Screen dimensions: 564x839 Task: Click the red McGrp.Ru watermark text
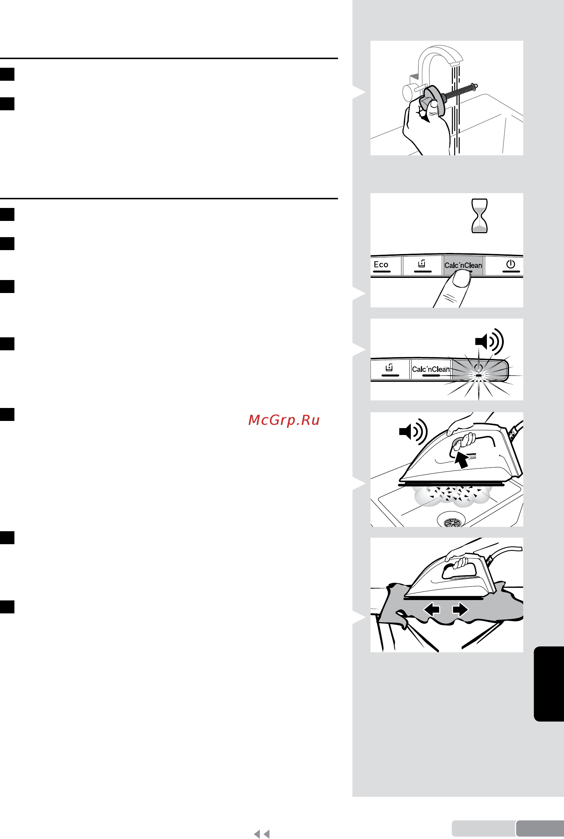pyautogui.click(x=284, y=420)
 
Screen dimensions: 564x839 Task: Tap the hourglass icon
pyautogui.click(x=480, y=216)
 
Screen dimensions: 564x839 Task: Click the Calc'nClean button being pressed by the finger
pyautogui.click(x=463, y=265)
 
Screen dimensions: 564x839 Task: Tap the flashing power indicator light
pyautogui.click(x=479, y=375)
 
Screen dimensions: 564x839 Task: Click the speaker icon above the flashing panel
pyautogui.click(x=489, y=341)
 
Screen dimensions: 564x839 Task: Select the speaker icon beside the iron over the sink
pyautogui.click(x=413, y=431)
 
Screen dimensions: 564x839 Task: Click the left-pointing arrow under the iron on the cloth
pyautogui.click(x=431, y=609)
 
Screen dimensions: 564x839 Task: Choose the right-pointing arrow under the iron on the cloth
pyautogui.click(x=460, y=609)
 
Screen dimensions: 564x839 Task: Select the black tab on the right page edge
pyautogui.click(x=549, y=684)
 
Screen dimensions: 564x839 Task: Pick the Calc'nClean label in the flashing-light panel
pyautogui.click(x=431, y=369)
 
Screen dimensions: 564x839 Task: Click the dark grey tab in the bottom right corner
pyautogui.click(x=540, y=828)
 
